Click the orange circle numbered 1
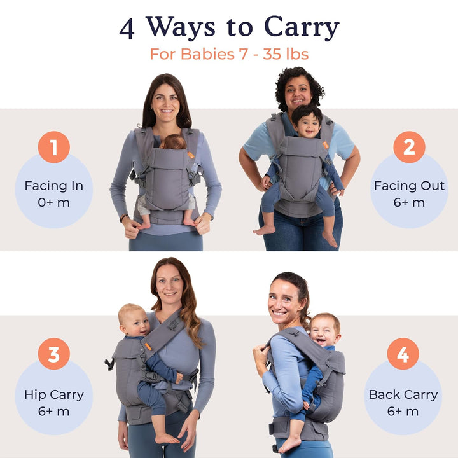tap(53, 147)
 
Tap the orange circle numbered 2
tap(409, 147)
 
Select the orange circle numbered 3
tap(53, 354)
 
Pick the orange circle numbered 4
tap(403, 354)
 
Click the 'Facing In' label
tap(53, 186)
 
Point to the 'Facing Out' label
tap(409, 186)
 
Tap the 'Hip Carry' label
tap(54, 395)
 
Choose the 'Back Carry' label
tap(403, 395)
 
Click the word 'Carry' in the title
tap(302, 28)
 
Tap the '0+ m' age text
tap(53, 202)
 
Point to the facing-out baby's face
tap(307, 124)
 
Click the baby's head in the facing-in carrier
tap(174, 142)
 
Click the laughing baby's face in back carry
tap(324, 333)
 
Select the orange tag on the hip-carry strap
tap(148, 347)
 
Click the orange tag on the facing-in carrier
tap(191, 155)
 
